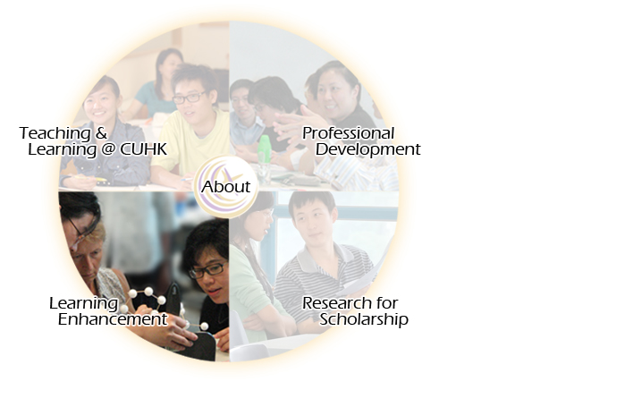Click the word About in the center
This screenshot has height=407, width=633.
click(x=226, y=187)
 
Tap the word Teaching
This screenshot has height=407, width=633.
click(x=55, y=133)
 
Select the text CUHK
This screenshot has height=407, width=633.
click(x=144, y=149)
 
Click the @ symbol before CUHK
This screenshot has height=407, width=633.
click(x=108, y=149)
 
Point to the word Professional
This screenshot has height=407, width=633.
click(x=348, y=133)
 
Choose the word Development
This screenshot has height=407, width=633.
click(x=367, y=149)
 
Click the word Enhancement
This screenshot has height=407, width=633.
click(x=113, y=319)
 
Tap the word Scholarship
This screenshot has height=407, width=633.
click(x=364, y=319)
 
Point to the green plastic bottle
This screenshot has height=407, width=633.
click(x=264, y=149)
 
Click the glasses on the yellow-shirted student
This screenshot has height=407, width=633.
click(x=189, y=98)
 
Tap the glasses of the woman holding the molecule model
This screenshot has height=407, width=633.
click(x=207, y=270)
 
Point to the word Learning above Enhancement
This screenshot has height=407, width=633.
click(x=83, y=303)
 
